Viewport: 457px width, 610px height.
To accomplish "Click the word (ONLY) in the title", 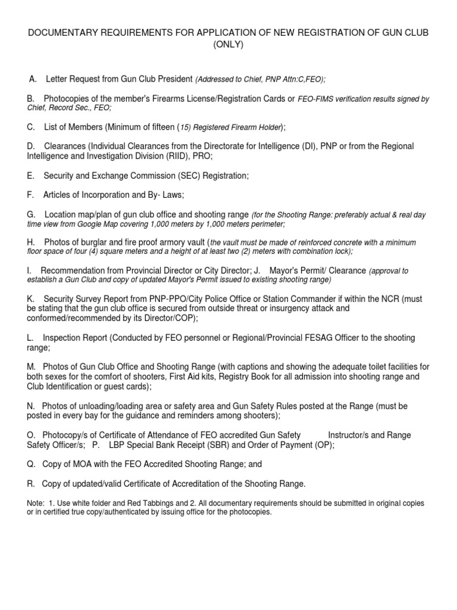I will [x=228, y=45].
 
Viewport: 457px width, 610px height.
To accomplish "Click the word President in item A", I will [x=173, y=79].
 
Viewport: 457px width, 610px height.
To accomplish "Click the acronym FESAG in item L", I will [x=331, y=338].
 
